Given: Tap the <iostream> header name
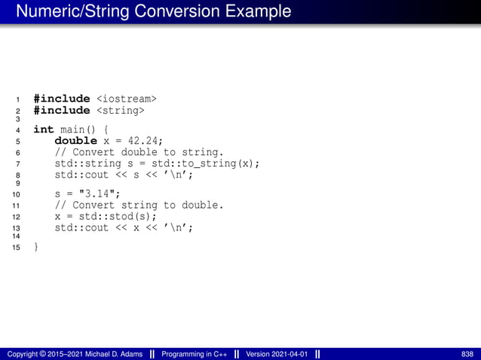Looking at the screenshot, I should (x=127, y=98).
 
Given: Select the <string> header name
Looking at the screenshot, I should (x=120, y=110).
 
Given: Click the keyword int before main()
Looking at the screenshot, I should (x=44, y=130).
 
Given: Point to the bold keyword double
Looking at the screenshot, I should (x=76, y=141).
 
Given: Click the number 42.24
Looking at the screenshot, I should (x=143, y=141).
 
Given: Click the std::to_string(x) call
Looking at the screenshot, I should (x=210, y=163).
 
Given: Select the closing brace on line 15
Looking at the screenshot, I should (x=35, y=247).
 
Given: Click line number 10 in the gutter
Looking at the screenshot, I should (x=17, y=194).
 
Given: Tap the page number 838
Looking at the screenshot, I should (x=467, y=353).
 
